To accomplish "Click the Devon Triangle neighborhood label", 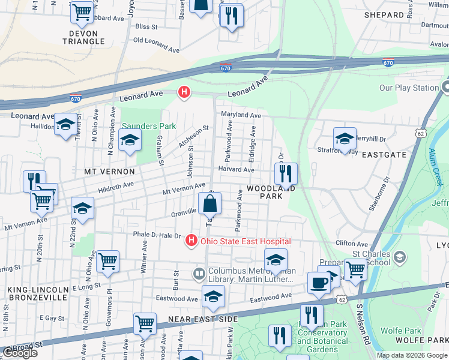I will click(x=83, y=37).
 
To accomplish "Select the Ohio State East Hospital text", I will click(x=246, y=241).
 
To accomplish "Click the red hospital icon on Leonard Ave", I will click(x=184, y=92).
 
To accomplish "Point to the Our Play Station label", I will click(x=409, y=88).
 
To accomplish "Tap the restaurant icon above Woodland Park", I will click(x=286, y=173).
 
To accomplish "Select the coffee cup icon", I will click(x=318, y=283).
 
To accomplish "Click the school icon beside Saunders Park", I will click(x=129, y=142).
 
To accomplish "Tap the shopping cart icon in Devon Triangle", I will click(x=82, y=11).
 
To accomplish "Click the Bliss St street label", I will click(x=146, y=26).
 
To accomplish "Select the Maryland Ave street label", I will click(x=241, y=115).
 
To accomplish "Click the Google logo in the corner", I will click(x=20, y=353).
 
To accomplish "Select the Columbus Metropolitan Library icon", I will click(x=199, y=274).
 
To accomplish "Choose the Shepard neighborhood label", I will click(x=384, y=15).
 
